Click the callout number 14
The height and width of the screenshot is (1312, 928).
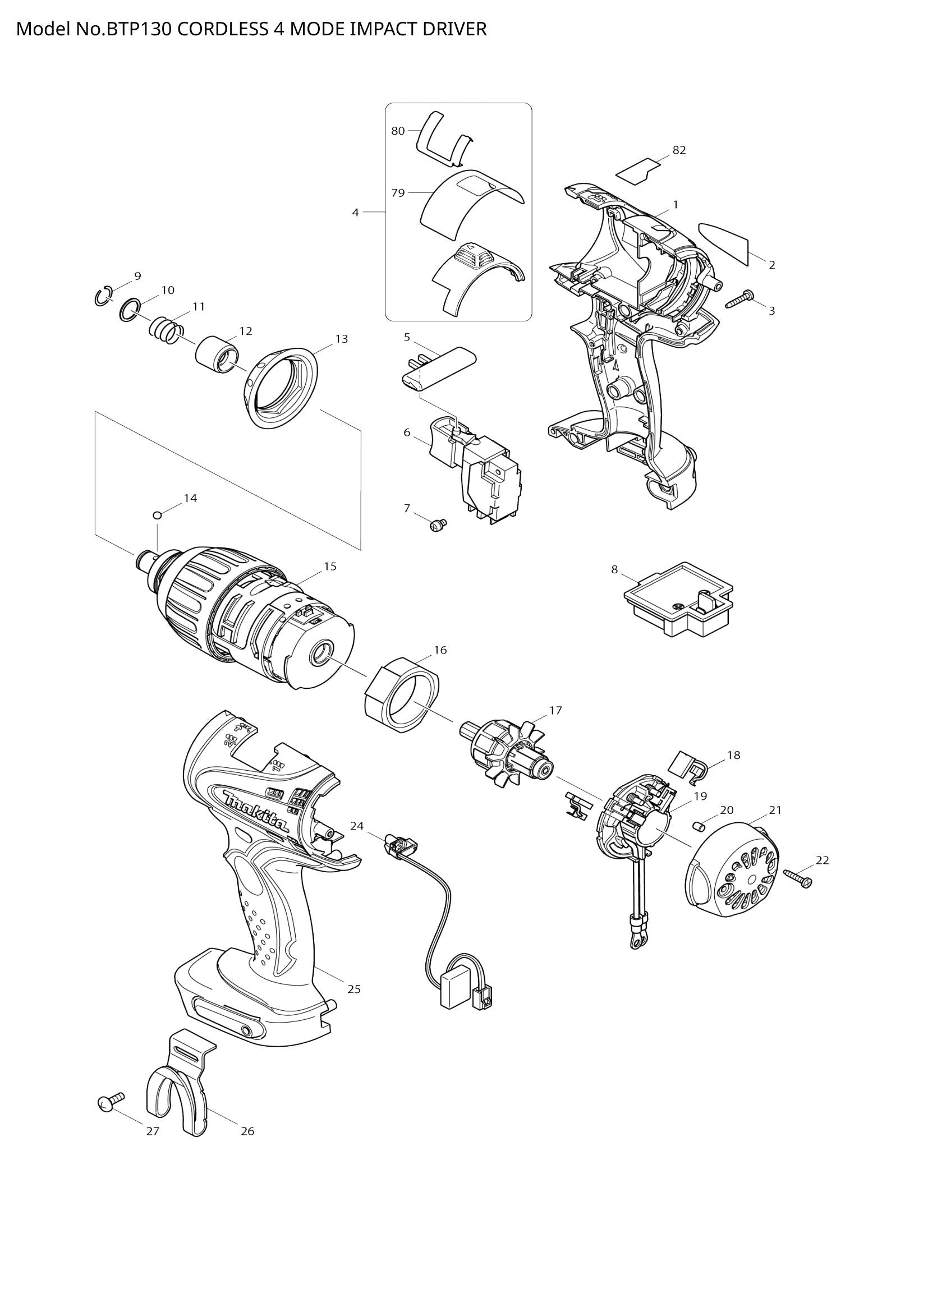(x=190, y=498)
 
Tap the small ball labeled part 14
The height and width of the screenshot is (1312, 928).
(x=158, y=515)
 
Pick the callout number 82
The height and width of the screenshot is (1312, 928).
(x=679, y=150)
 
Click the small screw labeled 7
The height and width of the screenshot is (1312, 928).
(x=438, y=523)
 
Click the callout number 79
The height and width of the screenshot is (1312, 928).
(x=398, y=192)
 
